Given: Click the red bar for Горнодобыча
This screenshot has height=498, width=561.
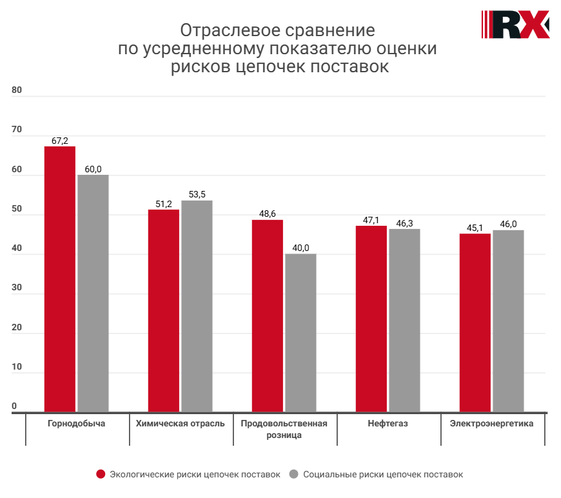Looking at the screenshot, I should [60, 279].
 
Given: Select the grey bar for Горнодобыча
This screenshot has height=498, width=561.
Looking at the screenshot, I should [93, 293].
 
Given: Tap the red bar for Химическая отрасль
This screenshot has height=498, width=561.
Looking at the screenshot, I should [164, 310].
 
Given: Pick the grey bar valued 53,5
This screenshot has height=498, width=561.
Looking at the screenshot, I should [197, 306].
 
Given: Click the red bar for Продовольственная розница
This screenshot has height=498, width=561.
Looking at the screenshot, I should [268, 315].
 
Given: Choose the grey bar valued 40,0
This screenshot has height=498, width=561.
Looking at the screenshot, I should [300, 332].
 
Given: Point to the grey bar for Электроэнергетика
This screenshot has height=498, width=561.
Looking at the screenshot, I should [508, 321].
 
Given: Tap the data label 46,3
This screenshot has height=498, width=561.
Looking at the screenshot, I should [405, 223].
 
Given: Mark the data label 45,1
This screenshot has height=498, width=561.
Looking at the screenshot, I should [475, 228].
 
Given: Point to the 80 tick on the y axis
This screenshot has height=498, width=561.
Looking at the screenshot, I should [17, 90].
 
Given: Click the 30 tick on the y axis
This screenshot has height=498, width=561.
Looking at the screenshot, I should [17, 288].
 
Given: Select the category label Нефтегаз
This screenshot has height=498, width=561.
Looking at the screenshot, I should [388, 424].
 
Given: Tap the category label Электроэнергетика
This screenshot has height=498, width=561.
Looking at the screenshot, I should [492, 424].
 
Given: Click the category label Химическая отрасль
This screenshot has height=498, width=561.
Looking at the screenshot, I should [181, 424].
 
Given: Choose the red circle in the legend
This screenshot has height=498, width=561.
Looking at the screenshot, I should [101, 474].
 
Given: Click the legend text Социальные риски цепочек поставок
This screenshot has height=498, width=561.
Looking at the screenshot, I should [382, 474].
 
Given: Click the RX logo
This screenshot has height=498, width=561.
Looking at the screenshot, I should [515, 25].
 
